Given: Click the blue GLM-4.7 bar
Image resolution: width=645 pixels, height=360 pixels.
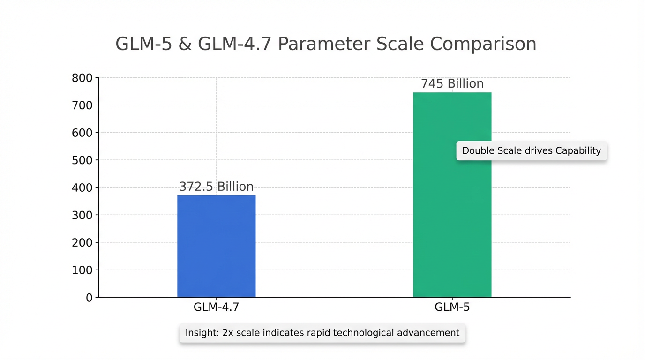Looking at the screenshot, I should click(x=216, y=246).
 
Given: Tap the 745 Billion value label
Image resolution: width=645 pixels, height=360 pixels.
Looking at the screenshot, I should click(x=452, y=84).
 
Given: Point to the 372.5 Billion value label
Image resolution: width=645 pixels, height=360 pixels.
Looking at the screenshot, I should click(x=216, y=187).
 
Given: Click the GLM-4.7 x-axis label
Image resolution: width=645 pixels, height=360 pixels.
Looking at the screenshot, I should click(x=216, y=307).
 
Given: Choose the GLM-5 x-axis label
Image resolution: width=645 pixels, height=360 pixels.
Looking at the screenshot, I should click(x=452, y=307).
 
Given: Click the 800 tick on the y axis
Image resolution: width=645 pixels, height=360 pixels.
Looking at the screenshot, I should click(x=82, y=78).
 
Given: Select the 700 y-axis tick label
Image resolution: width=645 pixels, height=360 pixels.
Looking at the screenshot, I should click(x=82, y=105).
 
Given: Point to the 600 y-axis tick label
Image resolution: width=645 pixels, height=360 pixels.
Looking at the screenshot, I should click(x=82, y=133).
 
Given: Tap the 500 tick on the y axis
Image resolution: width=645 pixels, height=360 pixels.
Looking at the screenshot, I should click(x=82, y=160).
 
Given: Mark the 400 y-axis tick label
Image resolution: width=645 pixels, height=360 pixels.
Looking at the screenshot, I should click(x=82, y=187).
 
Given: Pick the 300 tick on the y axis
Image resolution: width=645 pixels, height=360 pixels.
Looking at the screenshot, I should click(x=82, y=215).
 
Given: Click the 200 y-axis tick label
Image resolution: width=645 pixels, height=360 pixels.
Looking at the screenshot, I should click(x=82, y=243).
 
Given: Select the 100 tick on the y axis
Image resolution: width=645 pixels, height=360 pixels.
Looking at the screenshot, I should click(x=82, y=270).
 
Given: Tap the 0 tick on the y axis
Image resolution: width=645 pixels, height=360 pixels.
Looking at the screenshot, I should click(x=89, y=298).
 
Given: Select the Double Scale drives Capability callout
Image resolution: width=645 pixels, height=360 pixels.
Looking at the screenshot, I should click(x=531, y=151).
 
